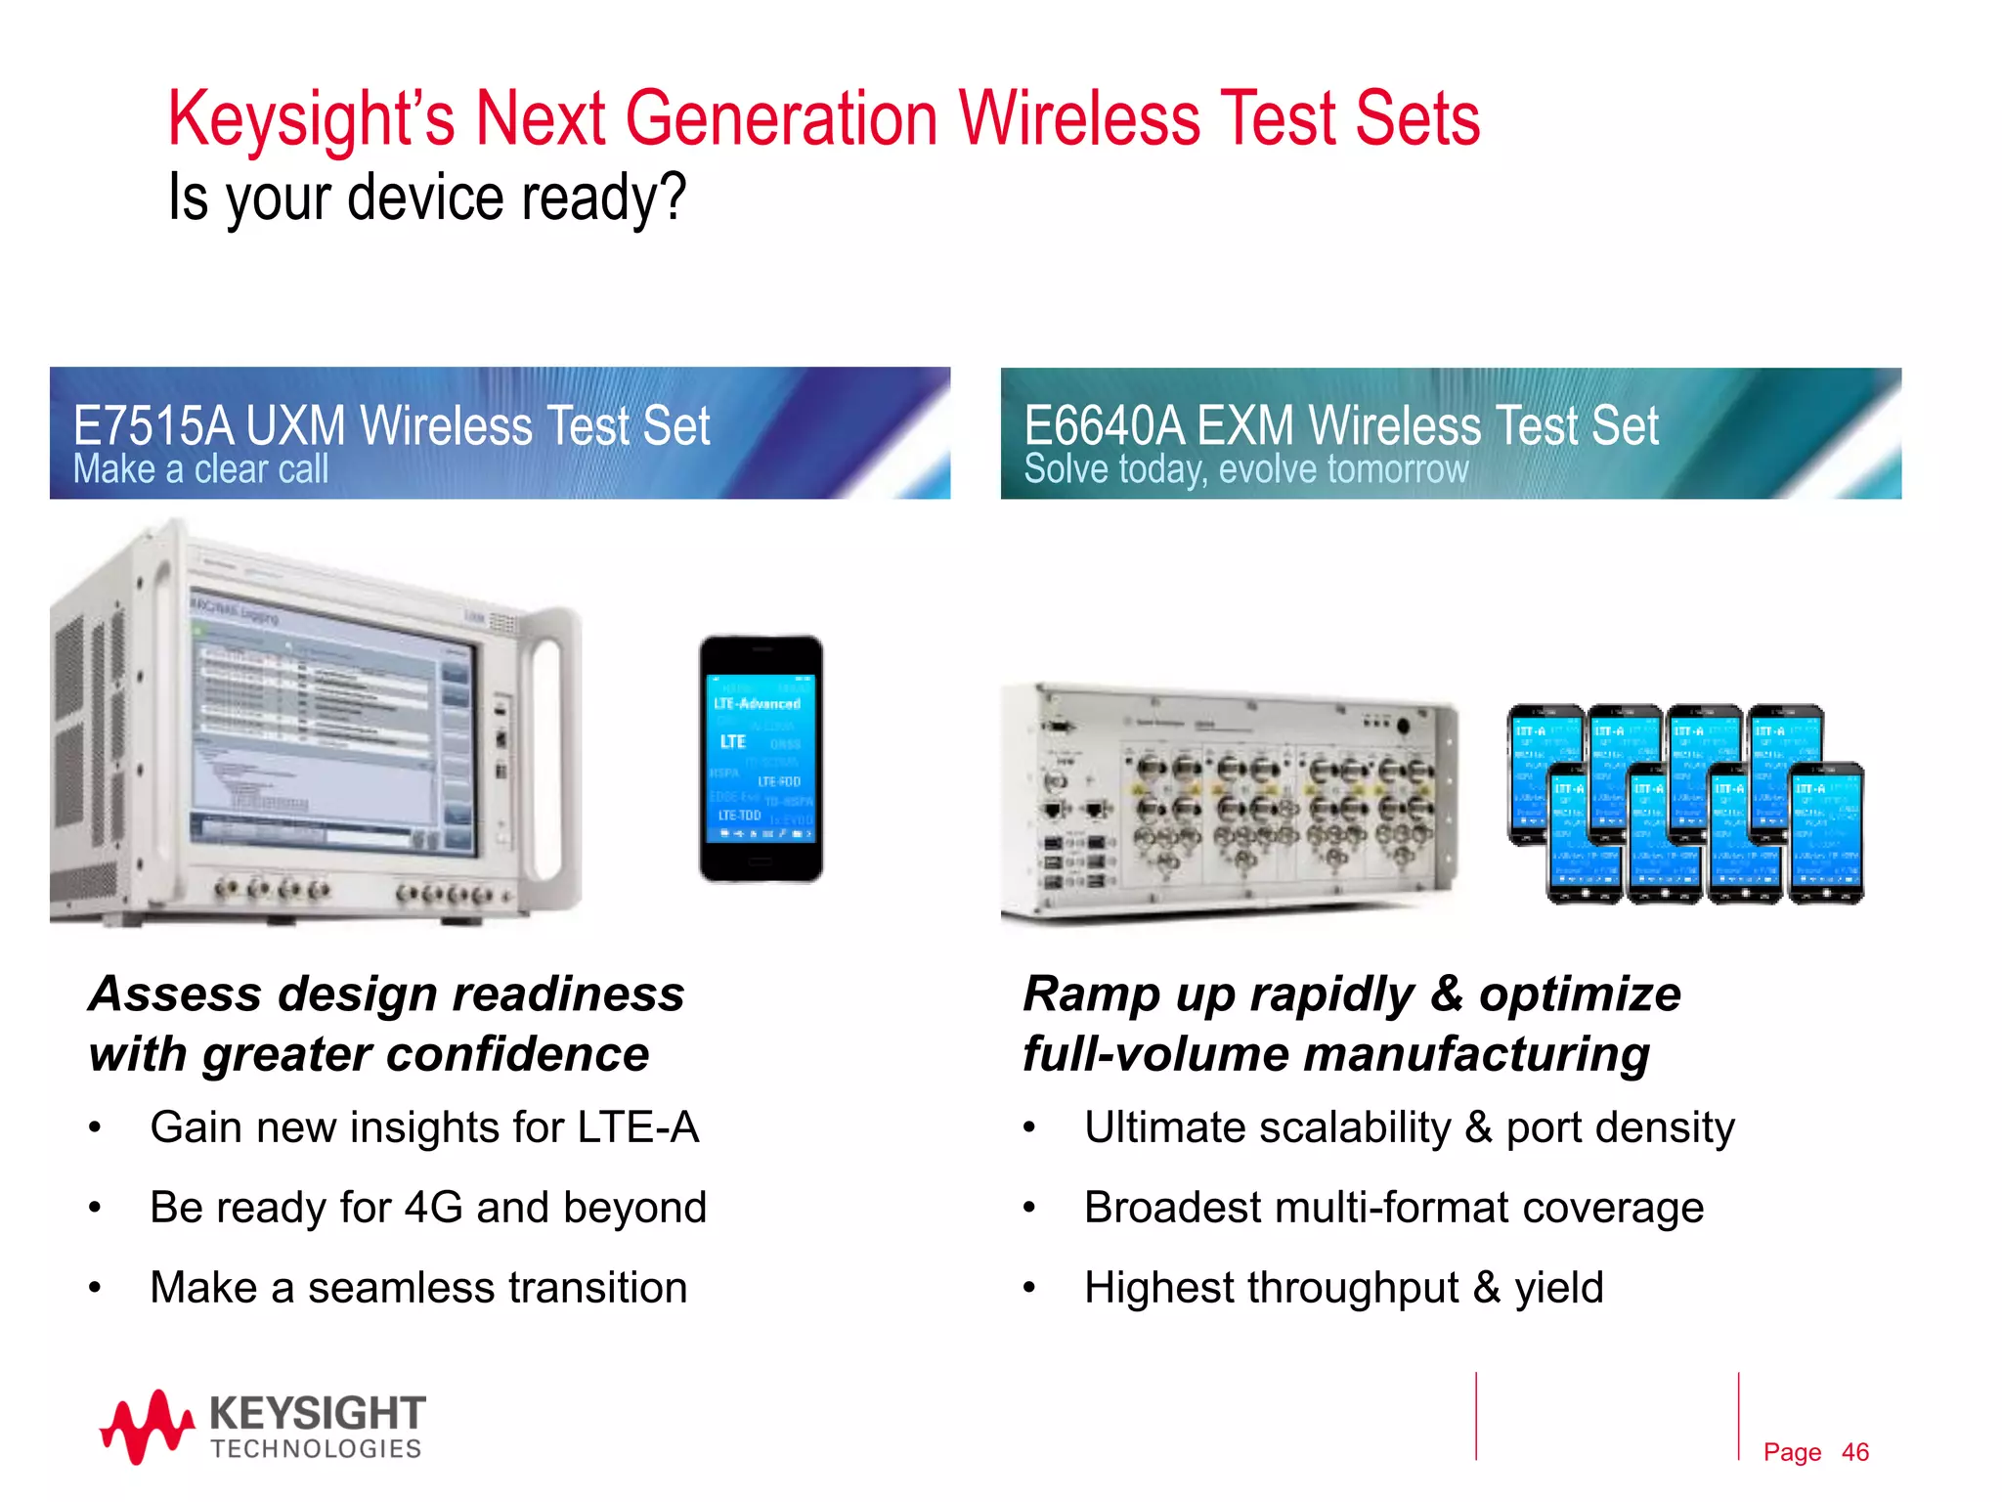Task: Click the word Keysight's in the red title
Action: pyautogui.click(x=311, y=119)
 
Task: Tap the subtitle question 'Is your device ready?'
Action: pyautogui.click(x=427, y=197)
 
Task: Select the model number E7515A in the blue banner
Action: pyautogui.click(x=153, y=426)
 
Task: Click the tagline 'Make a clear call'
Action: pyautogui.click(x=201, y=469)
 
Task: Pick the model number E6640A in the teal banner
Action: pyautogui.click(x=1104, y=426)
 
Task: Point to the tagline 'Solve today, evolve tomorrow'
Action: pyautogui.click(x=1245, y=469)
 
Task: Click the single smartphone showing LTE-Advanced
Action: pyautogui.click(x=761, y=759)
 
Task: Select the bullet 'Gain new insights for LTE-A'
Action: pyautogui.click(x=424, y=1127)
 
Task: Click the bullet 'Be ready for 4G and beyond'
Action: pyautogui.click(x=428, y=1208)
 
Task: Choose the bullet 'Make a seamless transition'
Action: pyautogui.click(x=418, y=1288)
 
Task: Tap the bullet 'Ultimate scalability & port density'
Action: pyautogui.click(x=1409, y=1127)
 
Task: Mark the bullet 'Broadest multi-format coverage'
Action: pyautogui.click(x=1394, y=1208)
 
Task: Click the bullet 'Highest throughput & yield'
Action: pyautogui.click(x=1344, y=1288)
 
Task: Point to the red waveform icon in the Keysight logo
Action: pyautogui.click(x=147, y=1428)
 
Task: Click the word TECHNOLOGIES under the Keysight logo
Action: pyautogui.click(x=316, y=1449)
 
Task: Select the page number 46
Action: pyautogui.click(x=1854, y=1452)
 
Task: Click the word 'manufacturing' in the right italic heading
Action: pyautogui.click(x=1476, y=1055)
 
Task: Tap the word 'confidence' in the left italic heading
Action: pyautogui.click(x=523, y=1055)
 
